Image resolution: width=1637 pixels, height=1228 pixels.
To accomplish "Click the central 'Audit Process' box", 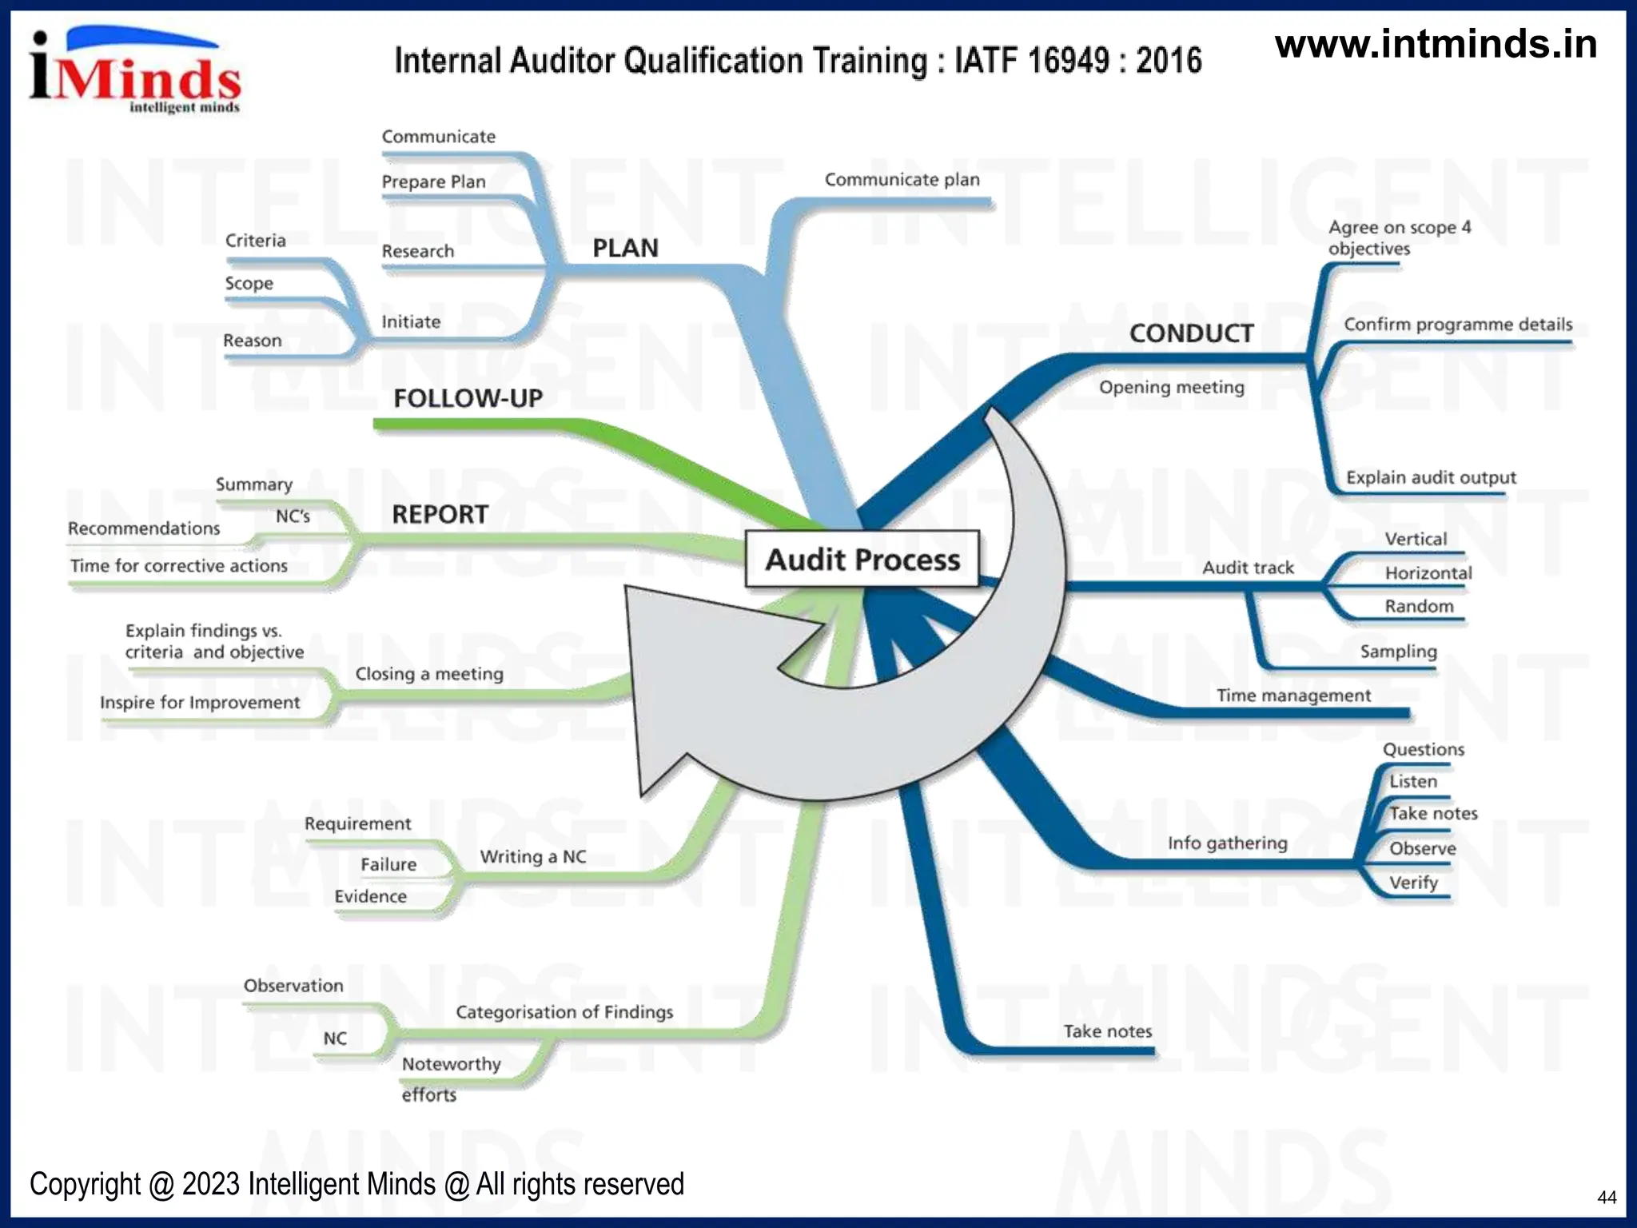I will point(862,559).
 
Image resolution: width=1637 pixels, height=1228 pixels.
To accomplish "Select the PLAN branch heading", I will point(625,248).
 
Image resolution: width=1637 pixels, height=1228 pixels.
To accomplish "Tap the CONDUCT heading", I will point(1191,333).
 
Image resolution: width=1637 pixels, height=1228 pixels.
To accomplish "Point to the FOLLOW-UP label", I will point(468,397).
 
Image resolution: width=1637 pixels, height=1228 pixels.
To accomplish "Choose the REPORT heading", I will point(440,514).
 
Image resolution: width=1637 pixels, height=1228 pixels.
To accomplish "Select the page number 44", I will point(1607,1197).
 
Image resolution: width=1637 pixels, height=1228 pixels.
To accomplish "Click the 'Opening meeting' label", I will point(1171,388).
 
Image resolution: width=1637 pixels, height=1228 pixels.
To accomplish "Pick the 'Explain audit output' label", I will point(1431,477).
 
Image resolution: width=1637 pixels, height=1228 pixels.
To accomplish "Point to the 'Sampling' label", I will point(1398,652).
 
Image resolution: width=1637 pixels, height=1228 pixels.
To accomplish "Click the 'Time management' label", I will point(1293,696).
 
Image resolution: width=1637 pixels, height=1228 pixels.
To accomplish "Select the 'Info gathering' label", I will point(1227,843).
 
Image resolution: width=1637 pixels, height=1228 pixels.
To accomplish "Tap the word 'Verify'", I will point(1413,883).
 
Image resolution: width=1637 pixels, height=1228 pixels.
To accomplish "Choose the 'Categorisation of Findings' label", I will point(564,1012).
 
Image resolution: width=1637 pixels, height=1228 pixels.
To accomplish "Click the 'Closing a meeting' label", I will point(429,674).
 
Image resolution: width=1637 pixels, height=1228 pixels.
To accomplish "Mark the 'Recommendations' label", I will point(144,528).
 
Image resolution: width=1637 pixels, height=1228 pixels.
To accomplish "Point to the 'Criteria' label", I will point(255,241).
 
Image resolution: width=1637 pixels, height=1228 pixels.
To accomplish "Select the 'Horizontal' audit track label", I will point(1428,573).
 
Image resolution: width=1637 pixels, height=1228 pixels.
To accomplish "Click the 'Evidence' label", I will point(370,896).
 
